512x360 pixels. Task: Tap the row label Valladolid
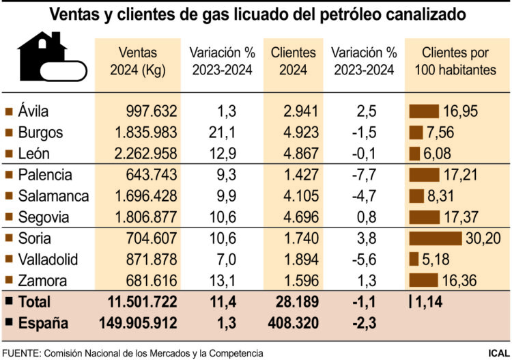[x=48, y=260]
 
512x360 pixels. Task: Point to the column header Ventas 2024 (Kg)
[x=138, y=60]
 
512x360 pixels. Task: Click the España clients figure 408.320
[x=291, y=322]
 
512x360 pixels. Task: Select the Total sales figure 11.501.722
[x=143, y=301]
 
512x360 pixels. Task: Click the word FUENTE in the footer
[x=20, y=352]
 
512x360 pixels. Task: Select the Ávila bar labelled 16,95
[x=423, y=111]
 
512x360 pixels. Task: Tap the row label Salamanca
[x=53, y=196]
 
